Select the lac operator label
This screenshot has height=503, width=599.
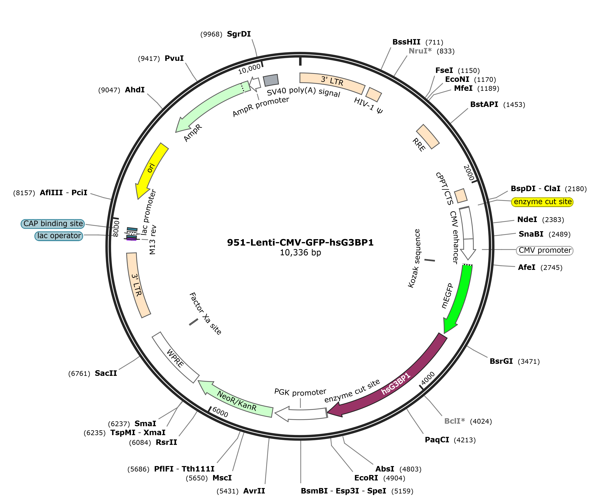[x=59, y=236]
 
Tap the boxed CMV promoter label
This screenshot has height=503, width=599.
[x=545, y=250]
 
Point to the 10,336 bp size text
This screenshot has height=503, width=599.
[x=300, y=253]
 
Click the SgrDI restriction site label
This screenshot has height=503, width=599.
[x=239, y=34]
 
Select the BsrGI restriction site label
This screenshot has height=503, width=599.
[x=501, y=361]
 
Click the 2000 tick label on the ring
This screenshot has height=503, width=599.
[x=468, y=173]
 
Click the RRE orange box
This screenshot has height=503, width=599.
[x=428, y=136]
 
